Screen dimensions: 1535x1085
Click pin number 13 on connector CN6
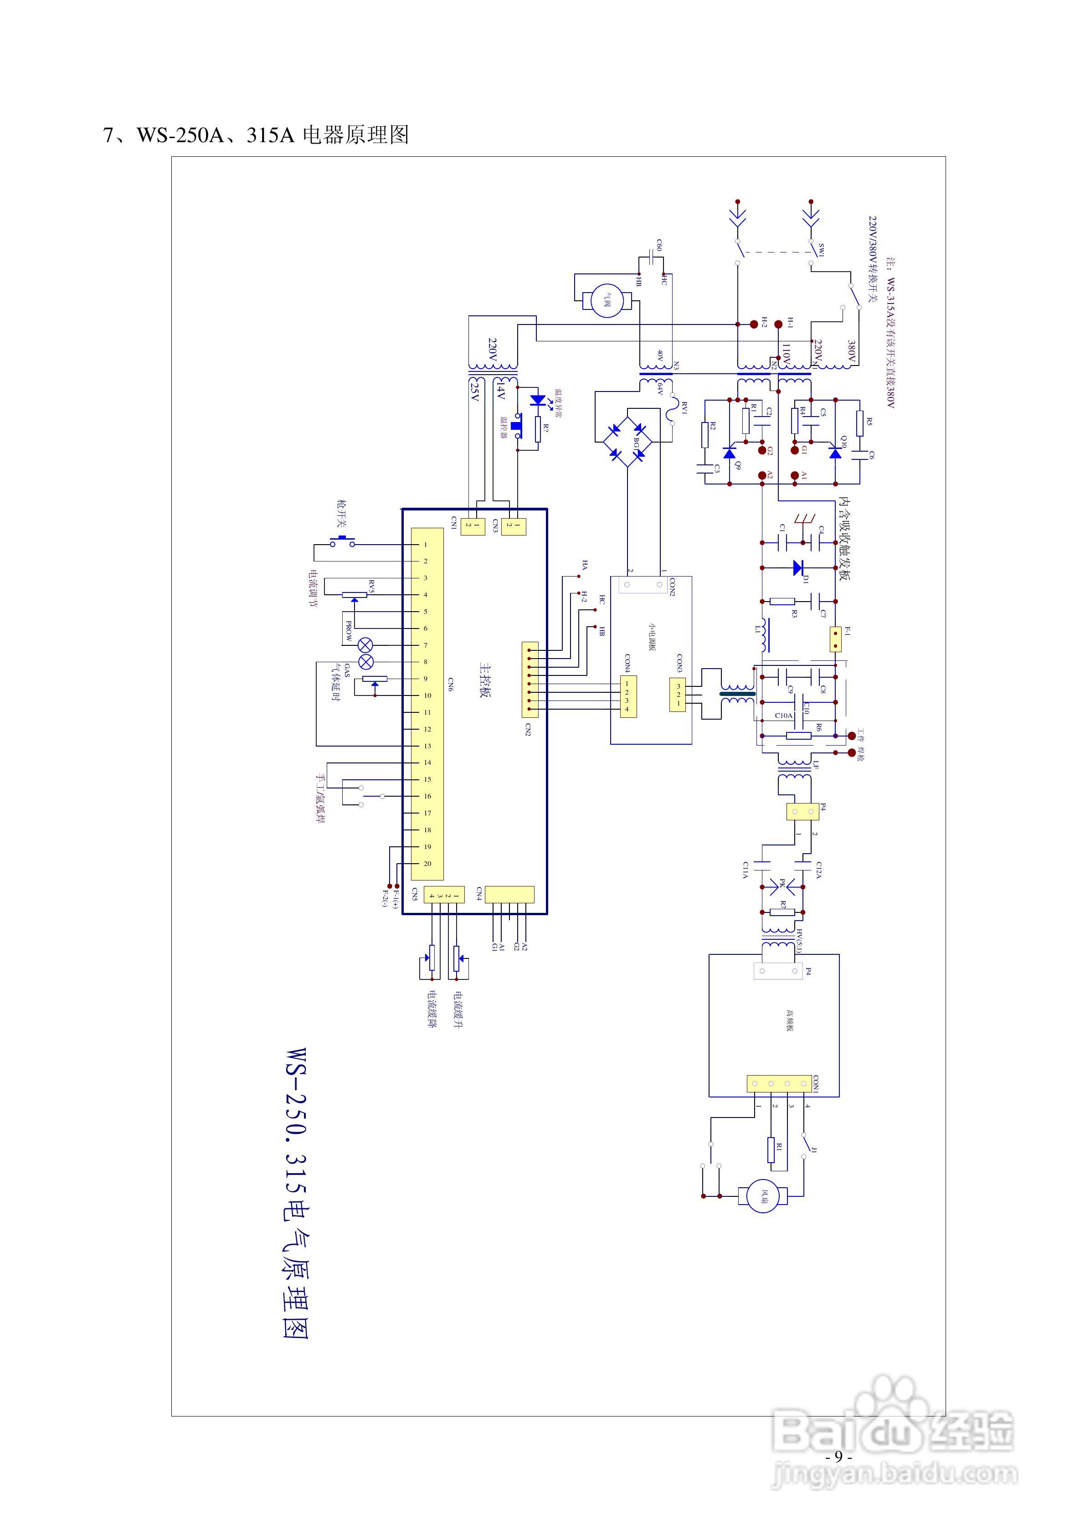[427, 746]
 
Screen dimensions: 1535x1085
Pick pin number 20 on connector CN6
[427, 864]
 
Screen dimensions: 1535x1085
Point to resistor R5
[860, 422]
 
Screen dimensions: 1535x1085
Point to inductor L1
[763, 636]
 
